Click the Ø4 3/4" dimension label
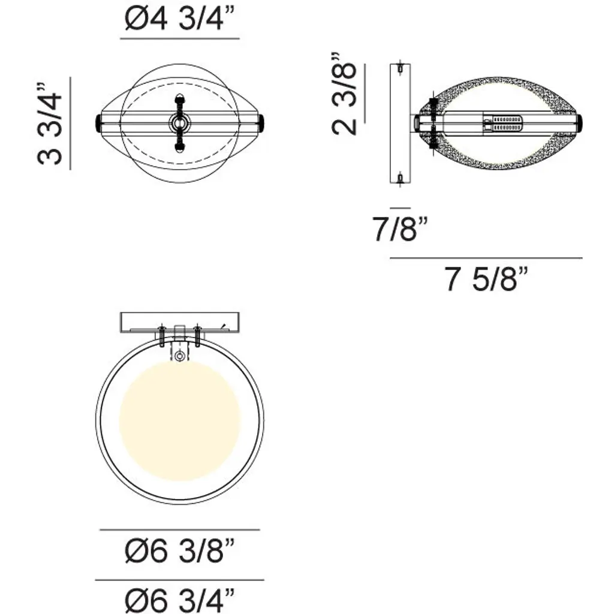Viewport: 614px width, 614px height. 180,19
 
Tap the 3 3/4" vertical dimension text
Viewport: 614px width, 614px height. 50,124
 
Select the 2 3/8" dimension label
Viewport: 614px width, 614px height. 345,94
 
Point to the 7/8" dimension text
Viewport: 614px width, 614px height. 400,229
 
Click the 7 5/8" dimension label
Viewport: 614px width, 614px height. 486,279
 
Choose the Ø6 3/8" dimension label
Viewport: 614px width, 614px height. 180,550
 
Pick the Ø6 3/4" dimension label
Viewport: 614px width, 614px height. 180,600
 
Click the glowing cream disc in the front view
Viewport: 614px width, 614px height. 180,421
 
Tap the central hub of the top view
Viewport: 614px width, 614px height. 180,124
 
